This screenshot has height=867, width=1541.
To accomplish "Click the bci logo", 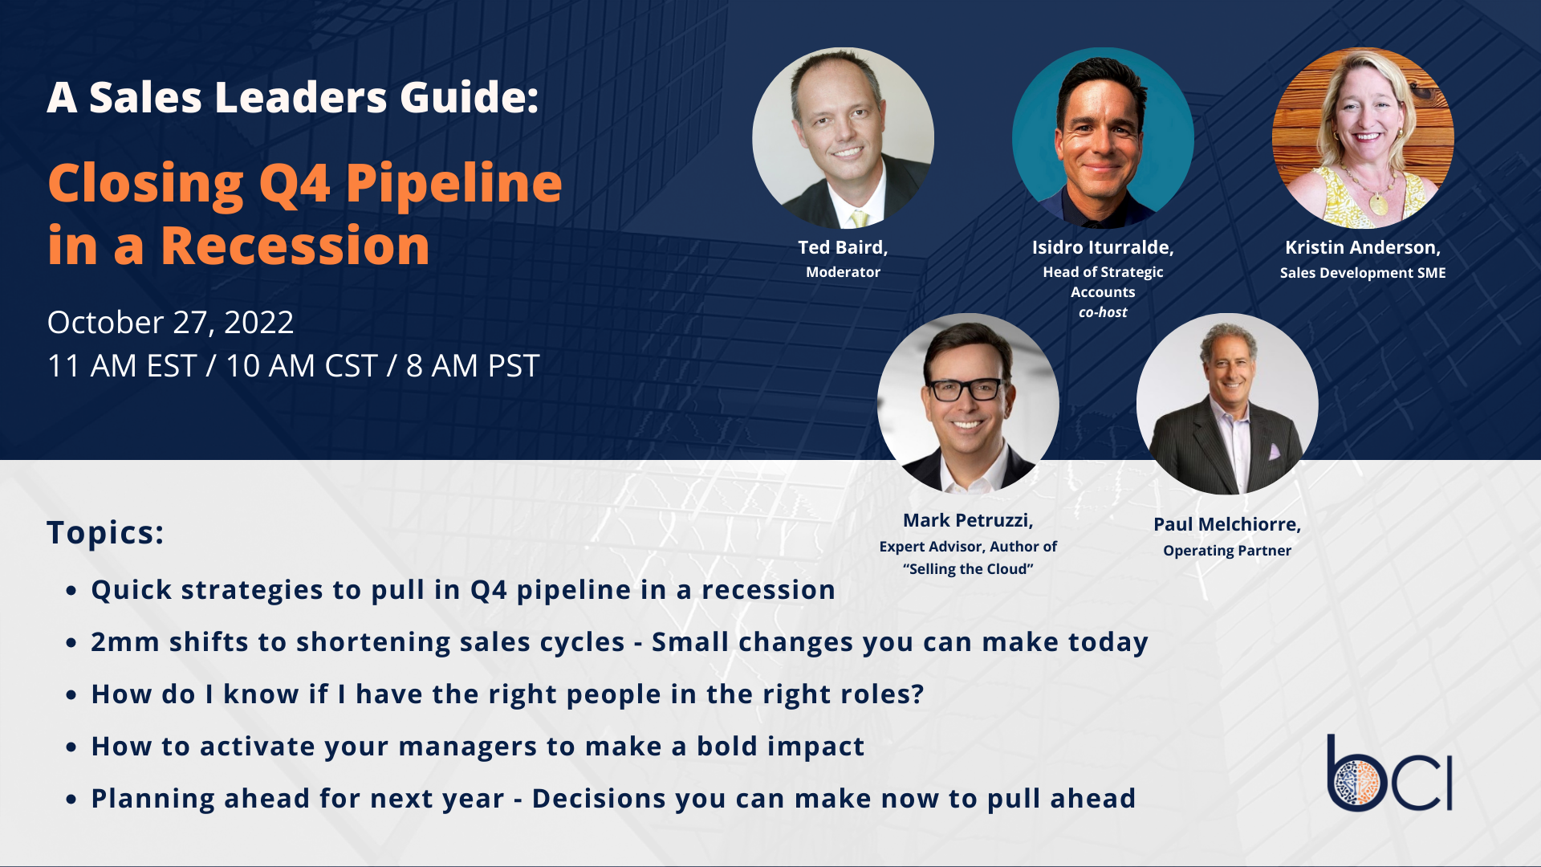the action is [1389, 773].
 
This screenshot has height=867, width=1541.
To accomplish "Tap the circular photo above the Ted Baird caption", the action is [843, 138].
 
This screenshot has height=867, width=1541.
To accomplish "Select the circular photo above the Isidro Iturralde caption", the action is [1103, 138].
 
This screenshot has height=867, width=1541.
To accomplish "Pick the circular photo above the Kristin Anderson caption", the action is [1363, 138].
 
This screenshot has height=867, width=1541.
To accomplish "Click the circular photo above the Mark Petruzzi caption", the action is [968, 404].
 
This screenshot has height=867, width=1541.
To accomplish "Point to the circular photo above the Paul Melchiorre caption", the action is [1227, 404].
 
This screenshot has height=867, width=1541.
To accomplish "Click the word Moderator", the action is [843, 272].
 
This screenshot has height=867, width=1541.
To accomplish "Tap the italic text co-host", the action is [1103, 312].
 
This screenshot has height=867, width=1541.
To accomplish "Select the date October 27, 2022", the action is [170, 323].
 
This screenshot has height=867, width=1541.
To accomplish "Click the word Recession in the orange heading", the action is [295, 246].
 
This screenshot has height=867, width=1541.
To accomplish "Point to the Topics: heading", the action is [105, 532].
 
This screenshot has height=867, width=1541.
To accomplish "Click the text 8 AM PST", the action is [473, 366].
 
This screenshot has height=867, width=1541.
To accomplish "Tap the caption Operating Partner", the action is [1227, 551].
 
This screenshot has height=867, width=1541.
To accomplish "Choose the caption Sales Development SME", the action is [1363, 273].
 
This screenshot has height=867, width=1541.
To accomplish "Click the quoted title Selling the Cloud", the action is [968, 569].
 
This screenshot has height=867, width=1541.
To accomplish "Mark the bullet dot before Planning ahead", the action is [71, 800].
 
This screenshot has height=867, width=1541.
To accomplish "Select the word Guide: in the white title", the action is [469, 97].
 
